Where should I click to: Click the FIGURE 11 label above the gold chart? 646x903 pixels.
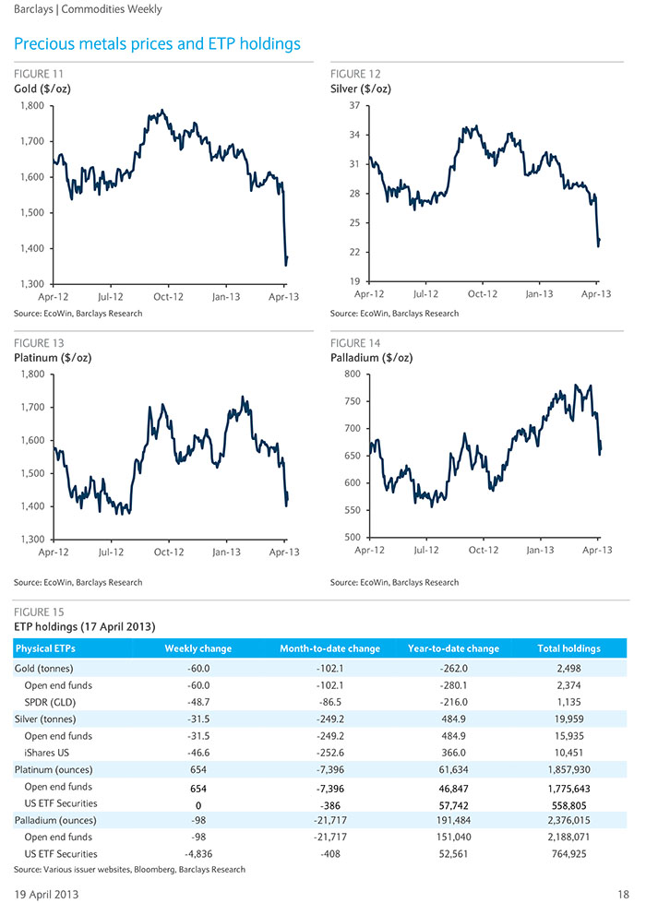point(39,74)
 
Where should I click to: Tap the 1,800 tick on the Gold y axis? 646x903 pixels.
point(32,105)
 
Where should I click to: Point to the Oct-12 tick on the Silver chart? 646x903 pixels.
point(483,293)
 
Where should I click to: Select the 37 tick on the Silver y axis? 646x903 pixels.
point(354,105)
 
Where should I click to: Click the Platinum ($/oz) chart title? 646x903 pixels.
point(53,358)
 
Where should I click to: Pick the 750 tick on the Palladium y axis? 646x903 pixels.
point(353,401)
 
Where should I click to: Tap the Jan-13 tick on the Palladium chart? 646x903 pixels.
point(540,550)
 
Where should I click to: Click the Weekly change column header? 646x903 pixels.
point(198,648)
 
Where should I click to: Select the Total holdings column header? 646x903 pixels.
point(568,648)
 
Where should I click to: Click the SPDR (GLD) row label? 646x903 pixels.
point(50,702)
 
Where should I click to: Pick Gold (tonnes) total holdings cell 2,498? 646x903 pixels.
point(568,669)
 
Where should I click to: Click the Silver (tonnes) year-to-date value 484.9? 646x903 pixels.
point(453,719)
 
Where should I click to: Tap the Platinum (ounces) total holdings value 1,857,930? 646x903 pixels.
point(568,770)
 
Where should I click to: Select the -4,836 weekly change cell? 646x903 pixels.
point(198,854)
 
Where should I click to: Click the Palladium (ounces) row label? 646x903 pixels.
point(55,821)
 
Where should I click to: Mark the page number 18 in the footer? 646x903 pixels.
point(623,895)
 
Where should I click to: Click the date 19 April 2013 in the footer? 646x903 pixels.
point(46,895)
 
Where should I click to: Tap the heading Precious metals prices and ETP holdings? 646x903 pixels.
point(157,43)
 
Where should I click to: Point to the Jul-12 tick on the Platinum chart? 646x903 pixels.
point(111,552)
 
